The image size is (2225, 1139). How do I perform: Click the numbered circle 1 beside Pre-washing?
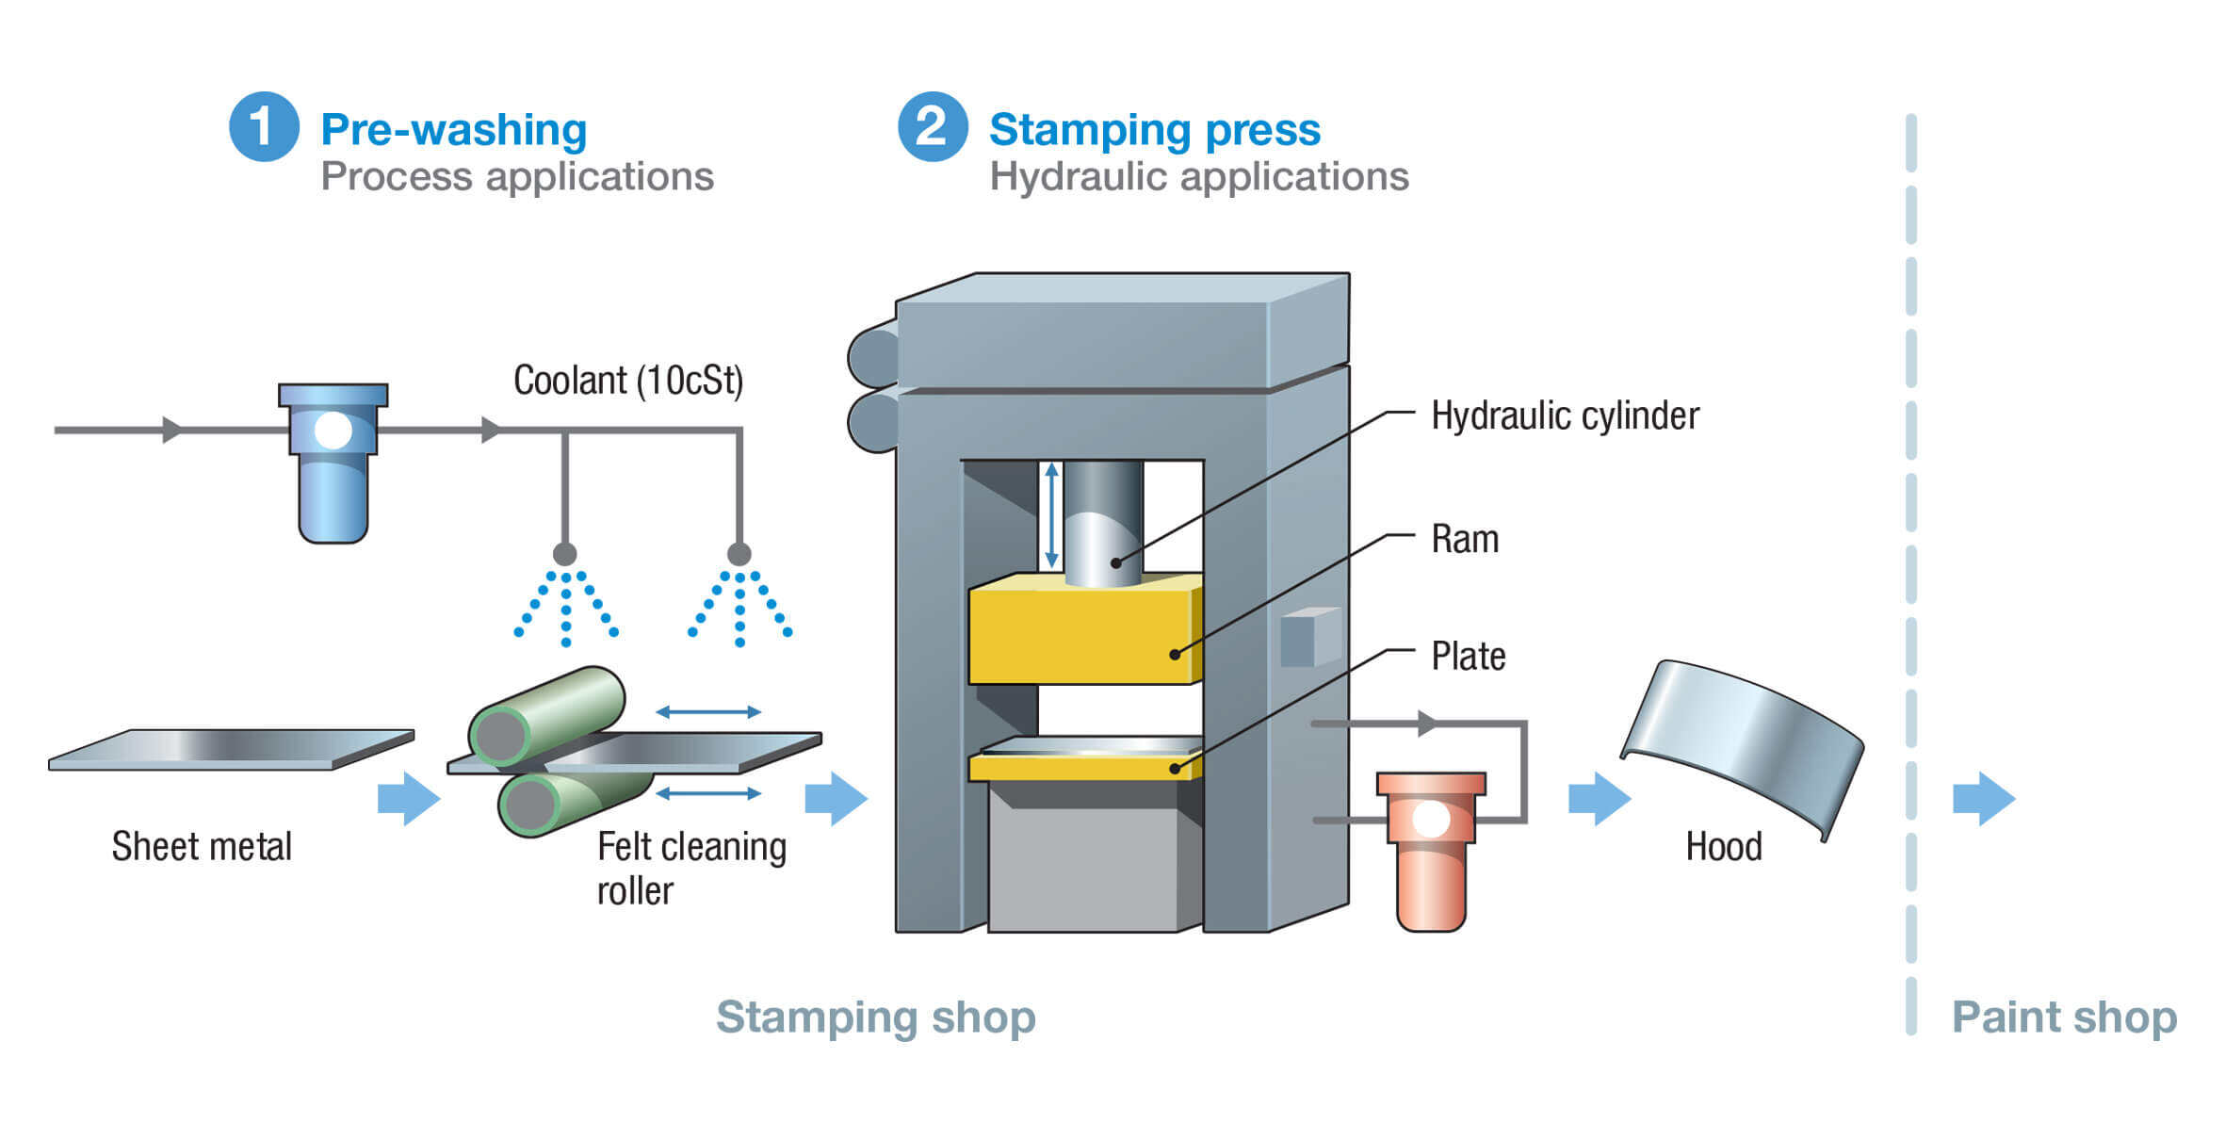264,127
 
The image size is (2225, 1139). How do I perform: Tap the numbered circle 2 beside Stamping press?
932,127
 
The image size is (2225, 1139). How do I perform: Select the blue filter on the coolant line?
333,462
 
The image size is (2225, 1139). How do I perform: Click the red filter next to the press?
1430,848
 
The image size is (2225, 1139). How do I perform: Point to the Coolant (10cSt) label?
628,381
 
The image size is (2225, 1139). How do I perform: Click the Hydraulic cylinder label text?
1565,415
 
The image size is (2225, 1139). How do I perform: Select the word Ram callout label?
1465,539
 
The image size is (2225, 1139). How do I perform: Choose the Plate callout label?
1468,656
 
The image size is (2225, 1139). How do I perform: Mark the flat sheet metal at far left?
231,749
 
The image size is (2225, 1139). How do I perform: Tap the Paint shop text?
2064,1017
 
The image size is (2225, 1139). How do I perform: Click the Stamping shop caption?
875,1017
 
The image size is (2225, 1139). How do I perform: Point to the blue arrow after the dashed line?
1983,799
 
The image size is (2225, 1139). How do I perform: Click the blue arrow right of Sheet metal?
408,799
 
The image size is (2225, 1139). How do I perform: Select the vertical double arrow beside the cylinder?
1052,514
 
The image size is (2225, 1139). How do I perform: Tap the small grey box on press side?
1309,638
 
